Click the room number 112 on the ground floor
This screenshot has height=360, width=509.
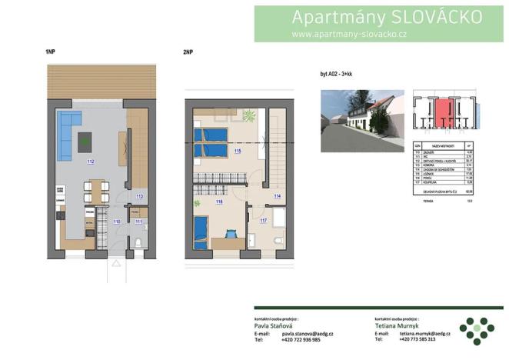(x=90, y=162)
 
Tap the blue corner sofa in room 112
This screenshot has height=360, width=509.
(x=68, y=128)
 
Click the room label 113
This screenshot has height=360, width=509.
(x=138, y=196)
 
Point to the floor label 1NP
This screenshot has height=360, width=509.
(x=51, y=52)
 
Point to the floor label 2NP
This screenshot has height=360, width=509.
(x=188, y=52)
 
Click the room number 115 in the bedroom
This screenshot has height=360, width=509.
(x=238, y=152)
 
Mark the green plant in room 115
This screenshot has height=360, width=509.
(x=249, y=116)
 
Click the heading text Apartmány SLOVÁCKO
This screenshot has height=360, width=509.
(x=388, y=17)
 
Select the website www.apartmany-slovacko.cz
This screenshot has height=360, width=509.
(x=349, y=35)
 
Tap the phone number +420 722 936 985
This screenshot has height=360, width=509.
(x=295, y=339)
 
